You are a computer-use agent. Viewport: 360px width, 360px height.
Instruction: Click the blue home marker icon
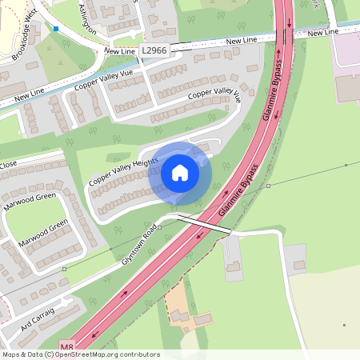(x=180, y=173)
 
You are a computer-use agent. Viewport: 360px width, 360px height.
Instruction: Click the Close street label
(x=8, y=165)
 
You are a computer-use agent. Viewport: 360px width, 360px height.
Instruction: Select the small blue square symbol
(x=56, y=29)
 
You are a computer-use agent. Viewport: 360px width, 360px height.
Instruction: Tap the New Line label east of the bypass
(x=323, y=33)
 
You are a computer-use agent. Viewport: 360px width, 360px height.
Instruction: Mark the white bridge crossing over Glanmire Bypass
(x=203, y=224)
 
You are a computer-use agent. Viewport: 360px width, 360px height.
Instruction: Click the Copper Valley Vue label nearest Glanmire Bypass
(x=214, y=95)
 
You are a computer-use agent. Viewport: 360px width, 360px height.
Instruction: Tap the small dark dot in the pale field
(x=344, y=325)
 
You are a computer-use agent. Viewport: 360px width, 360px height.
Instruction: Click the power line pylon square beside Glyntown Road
(x=159, y=226)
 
